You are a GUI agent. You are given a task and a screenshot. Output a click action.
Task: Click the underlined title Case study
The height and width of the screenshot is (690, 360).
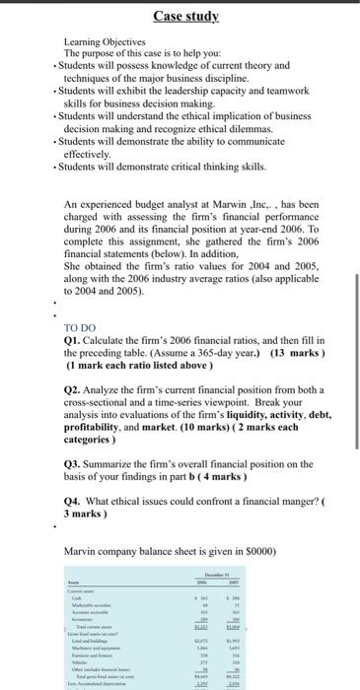point(180,16)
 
